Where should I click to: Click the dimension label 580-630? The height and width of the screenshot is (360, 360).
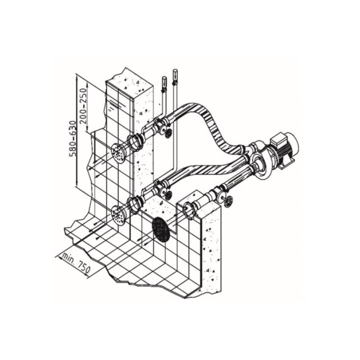point(73,138)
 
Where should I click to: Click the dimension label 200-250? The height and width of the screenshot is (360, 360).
point(84,105)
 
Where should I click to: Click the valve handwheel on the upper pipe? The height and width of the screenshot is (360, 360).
point(169,133)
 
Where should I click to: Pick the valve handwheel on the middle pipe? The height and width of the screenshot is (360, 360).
point(168,195)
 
